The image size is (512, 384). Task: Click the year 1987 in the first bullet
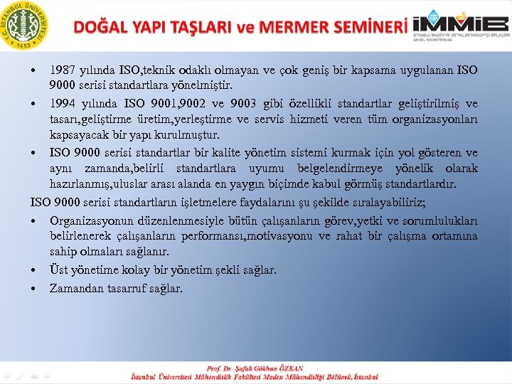click(63, 71)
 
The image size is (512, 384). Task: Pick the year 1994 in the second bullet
click(63, 104)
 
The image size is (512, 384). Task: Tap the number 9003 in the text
click(250, 104)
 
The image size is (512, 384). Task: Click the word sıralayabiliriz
click(380, 202)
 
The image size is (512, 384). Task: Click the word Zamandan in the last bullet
click(74, 288)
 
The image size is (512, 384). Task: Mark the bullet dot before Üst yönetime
click(34, 271)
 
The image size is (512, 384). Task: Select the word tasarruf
click(124, 288)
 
